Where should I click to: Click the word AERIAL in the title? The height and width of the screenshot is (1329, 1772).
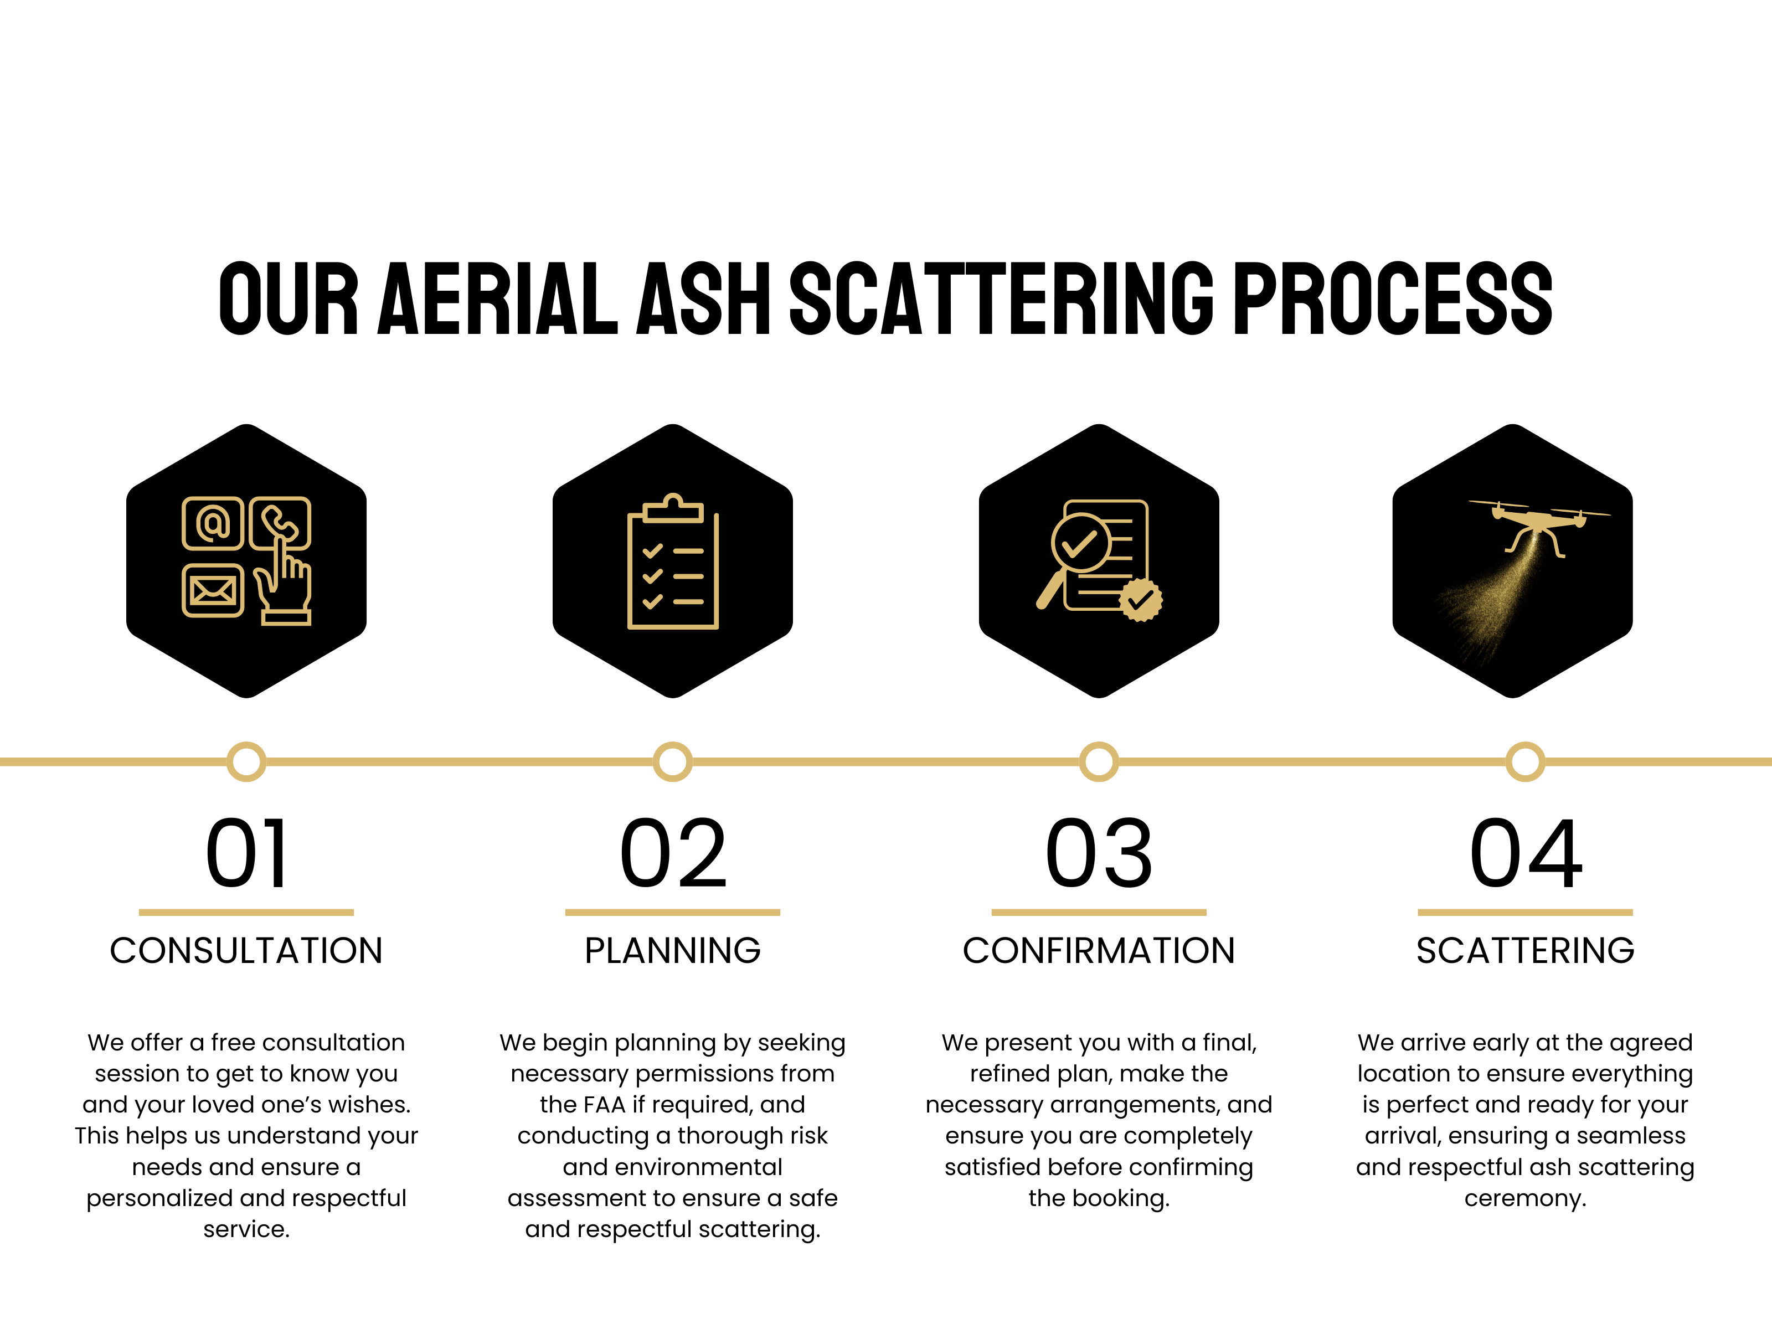(x=497, y=297)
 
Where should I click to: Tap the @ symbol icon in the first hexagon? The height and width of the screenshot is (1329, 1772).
(x=212, y=523)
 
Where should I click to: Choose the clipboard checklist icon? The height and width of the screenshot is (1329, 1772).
(x=673, y=562)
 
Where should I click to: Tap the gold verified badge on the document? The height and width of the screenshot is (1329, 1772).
(x=1141, y=599)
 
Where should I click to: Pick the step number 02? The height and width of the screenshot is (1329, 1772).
(x=673, y=854)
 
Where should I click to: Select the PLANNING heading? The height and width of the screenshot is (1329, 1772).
(x=673, y=951)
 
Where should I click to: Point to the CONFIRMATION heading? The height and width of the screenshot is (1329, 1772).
(x=1099, y=951)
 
